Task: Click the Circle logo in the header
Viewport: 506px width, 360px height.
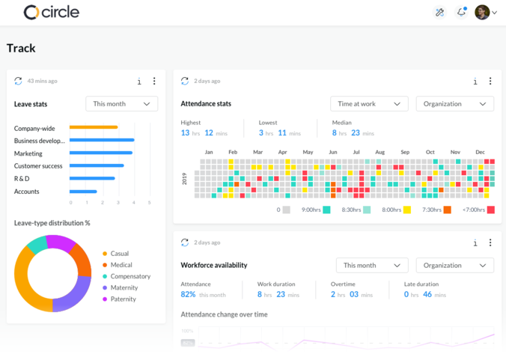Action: pos(51,12)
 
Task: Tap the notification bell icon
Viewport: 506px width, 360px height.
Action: pos(461,12)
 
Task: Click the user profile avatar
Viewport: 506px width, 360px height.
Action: pos(482,12)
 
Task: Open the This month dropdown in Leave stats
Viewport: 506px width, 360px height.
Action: pos(121,104)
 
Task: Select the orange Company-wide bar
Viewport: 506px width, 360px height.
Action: pos(94,127)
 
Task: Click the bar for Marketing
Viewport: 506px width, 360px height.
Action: pos(101,153)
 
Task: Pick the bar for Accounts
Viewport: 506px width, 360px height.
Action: pos(83,191)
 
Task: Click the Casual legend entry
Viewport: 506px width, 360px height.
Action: pos(120,254)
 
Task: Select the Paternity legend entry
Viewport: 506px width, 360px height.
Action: pos(123,299)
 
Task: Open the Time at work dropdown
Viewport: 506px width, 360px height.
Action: pos(370,104)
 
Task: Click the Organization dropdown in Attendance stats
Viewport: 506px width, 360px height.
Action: pos(454,104)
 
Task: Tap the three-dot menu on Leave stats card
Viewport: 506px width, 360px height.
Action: pos(154,81)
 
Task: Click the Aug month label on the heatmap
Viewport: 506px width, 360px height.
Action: pos(380,153)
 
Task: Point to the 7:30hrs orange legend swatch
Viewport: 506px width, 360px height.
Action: pos(447,210)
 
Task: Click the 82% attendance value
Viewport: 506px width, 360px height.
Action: pos(188,295)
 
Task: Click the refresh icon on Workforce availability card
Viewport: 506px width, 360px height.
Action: pos(185,242)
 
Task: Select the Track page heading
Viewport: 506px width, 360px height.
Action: pos(21,49)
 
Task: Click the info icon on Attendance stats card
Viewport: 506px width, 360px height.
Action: pos(475,82)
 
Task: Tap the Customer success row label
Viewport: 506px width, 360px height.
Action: pos(38,166)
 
